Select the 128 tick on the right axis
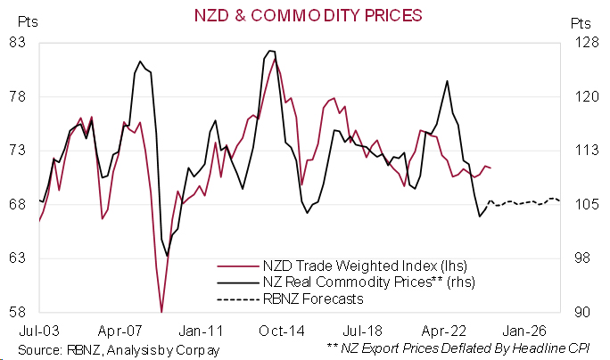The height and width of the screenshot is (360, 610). pos(581,42)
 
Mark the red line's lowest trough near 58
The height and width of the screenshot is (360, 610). pos(161,311)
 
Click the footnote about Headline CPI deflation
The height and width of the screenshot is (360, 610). pos(462,348)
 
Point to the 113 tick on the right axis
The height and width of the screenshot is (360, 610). pos(581,150)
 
